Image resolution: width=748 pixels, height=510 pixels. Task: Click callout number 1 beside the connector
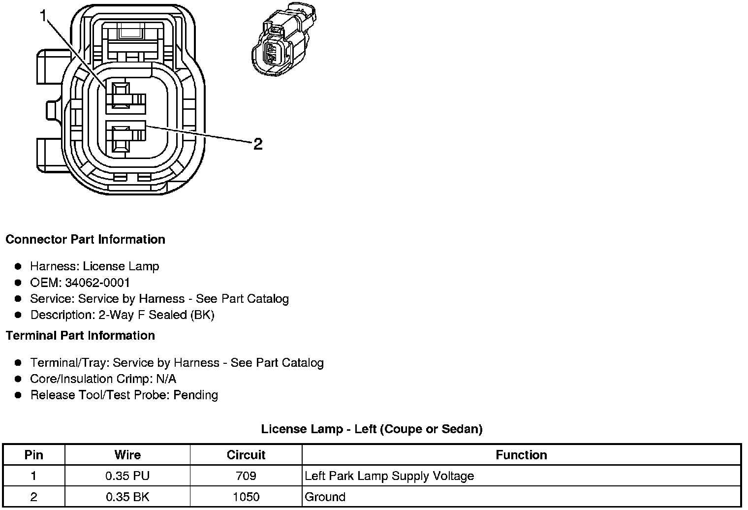point(43,17)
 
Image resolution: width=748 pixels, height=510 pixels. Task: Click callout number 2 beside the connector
point(258,144)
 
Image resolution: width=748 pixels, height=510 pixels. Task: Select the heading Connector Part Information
point(85,240)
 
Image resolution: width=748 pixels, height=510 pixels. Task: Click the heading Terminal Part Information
point(80,336)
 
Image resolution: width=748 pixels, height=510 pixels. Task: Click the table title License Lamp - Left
point(372,429)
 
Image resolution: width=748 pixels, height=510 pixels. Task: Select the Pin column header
point(33,455)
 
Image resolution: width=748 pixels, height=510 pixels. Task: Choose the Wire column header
point(127,455)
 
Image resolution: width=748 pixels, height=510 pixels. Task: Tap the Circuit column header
point(246,455)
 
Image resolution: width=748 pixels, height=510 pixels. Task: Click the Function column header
point(521,455)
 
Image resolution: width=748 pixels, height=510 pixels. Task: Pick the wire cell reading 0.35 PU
point(127,476)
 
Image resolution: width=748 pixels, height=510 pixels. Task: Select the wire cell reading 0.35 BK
point(127,497)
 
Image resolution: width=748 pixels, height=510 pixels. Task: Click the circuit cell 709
point(246,476)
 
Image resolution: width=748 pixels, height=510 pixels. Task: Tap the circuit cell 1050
point(246,497)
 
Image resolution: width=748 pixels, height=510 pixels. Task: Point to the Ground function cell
point(325,497)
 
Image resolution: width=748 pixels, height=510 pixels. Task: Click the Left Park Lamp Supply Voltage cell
point(389,476)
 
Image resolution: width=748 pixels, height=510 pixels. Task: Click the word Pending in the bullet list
point(195,395)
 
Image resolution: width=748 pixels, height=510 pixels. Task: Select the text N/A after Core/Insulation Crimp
point(166,379)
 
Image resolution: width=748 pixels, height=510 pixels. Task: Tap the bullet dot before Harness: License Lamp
point(18,266)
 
